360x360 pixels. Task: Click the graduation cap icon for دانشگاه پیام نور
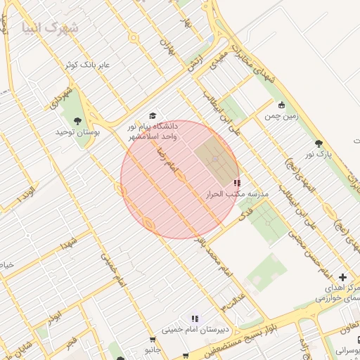tap(153, 115)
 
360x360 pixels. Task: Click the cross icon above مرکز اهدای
tap(342, 278)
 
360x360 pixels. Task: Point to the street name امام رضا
tap(172, 161)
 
